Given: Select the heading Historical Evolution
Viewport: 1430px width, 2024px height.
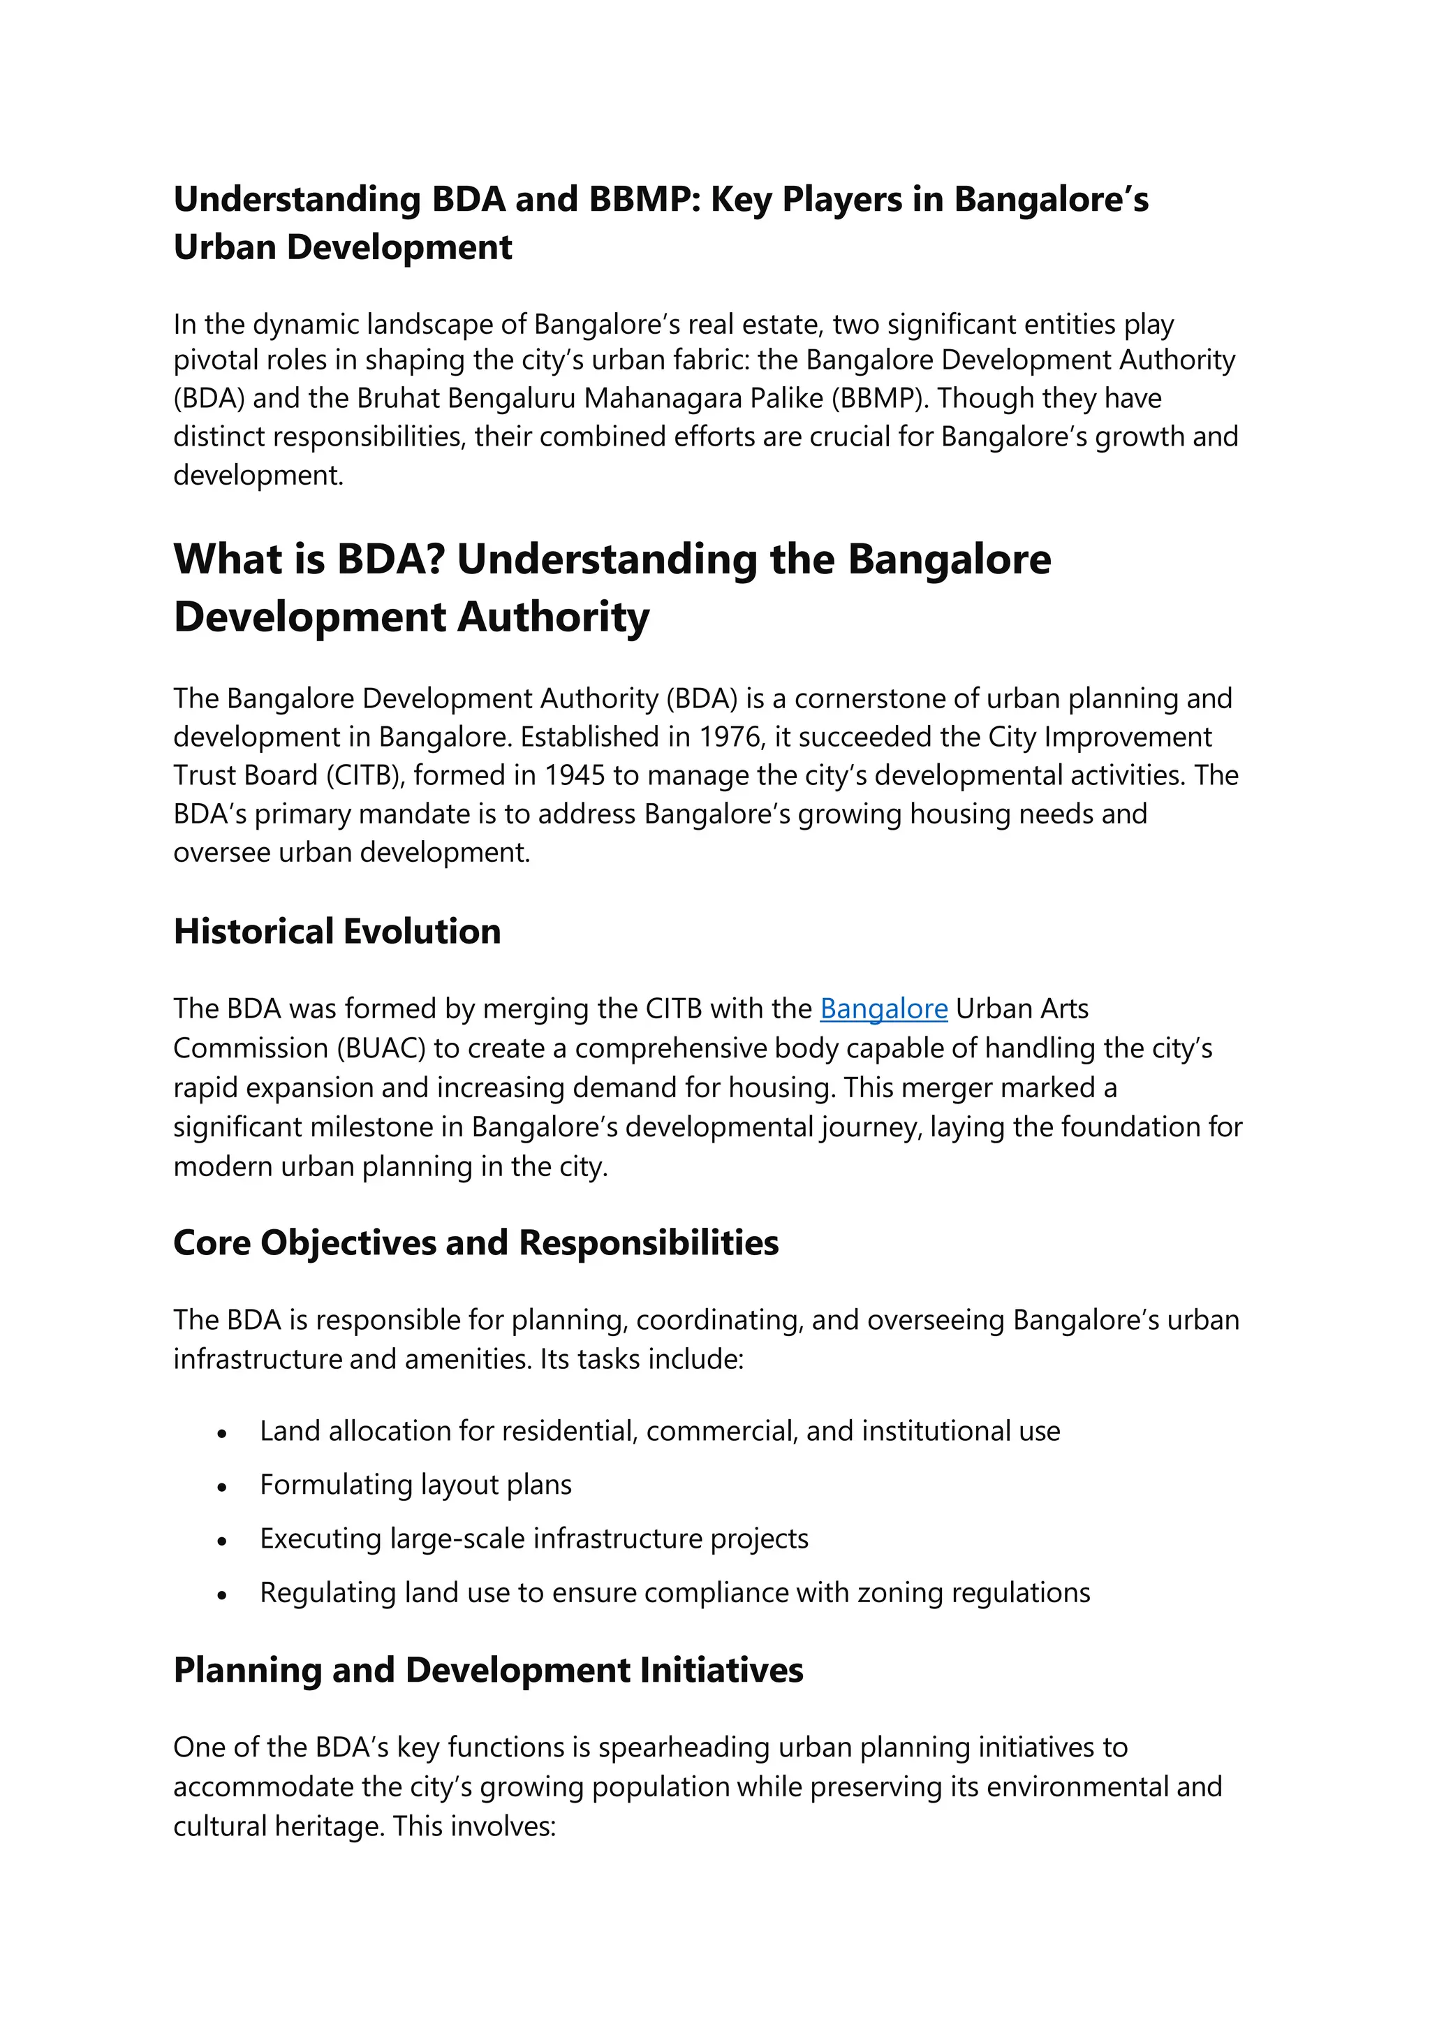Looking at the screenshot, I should pyautogui.click(x=337, y=932).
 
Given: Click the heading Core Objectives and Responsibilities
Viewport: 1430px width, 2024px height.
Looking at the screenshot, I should pyautogui.click(x=476, y=1243).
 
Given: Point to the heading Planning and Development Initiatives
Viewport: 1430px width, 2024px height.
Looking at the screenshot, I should pyautogui.click(x=488, y=1671).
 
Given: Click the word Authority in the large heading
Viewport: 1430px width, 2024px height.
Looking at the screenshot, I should pyautogui.click(x=554, y=617).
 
